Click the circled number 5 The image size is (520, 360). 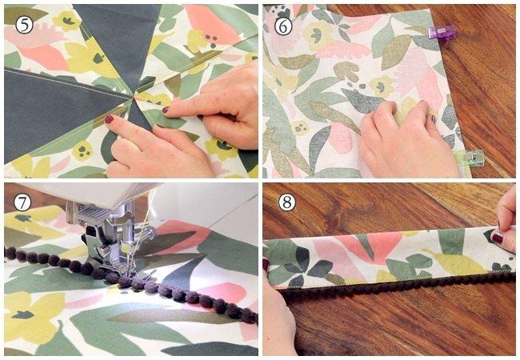coord(25,25)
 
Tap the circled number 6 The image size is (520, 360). coord(283,25)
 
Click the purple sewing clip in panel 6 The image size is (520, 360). coord(442,33)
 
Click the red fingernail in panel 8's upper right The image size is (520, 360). coord(496,238)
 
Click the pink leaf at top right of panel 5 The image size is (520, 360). coord(212,24)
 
